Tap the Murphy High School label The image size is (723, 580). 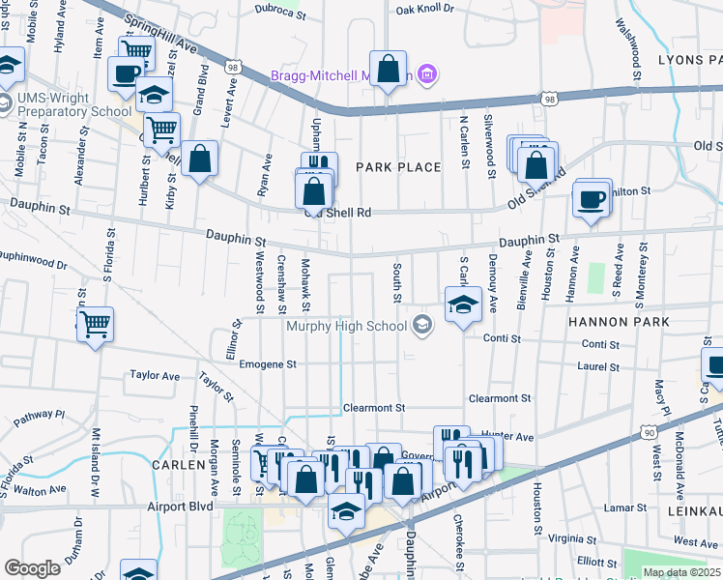tap(346, 326)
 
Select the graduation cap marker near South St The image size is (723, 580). tap(463, 304)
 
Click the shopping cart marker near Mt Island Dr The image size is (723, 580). tap(95, 326)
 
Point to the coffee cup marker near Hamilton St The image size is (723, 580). tap(592, 200)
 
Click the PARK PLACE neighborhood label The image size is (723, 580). tap(398, 167)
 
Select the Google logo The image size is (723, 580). tap(33, 567)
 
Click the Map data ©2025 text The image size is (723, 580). tap(681, 572)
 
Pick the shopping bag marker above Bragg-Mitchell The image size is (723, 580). tap(388, 70)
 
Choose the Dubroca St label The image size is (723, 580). tap(280, 12)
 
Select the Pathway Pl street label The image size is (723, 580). tap(39, 415)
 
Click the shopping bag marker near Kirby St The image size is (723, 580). tap(199, 160)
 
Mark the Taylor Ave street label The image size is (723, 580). tap(155, 375)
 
